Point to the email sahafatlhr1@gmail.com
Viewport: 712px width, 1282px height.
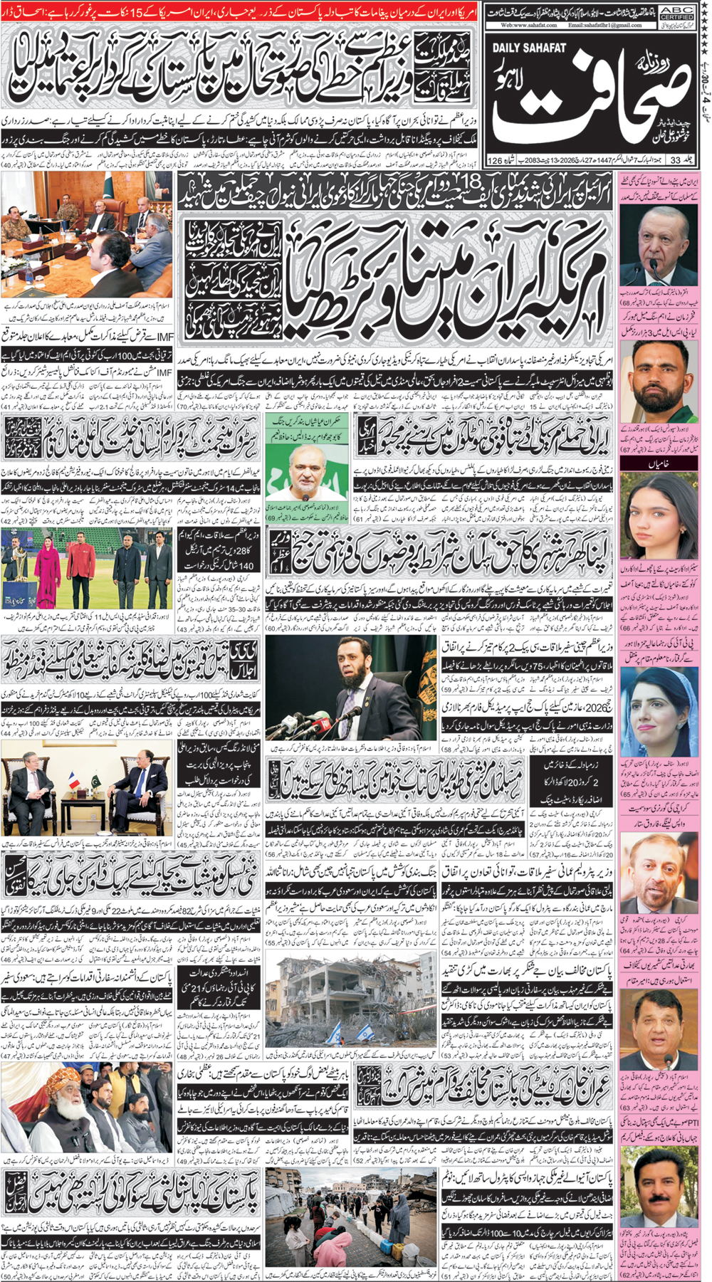tap(605, 25)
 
